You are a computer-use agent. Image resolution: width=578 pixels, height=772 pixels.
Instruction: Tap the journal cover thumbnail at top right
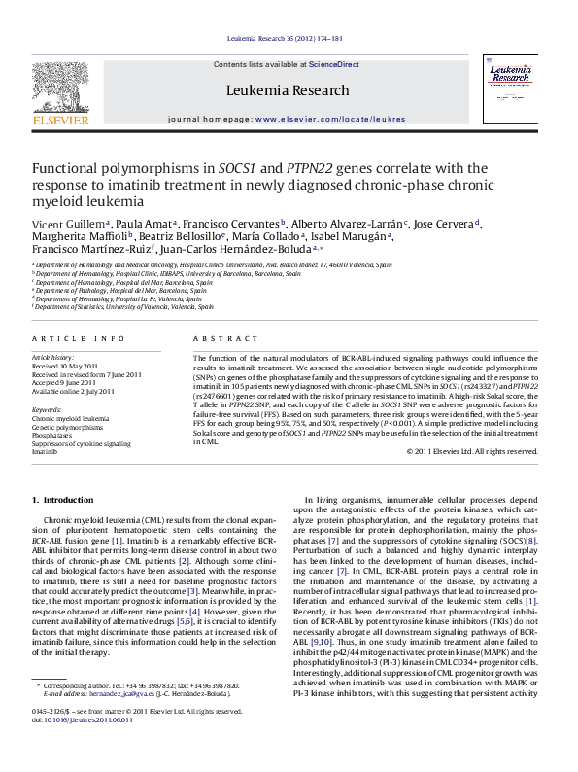coord(516,88)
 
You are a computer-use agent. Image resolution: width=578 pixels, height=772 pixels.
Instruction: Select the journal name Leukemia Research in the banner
coord(287,90)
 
